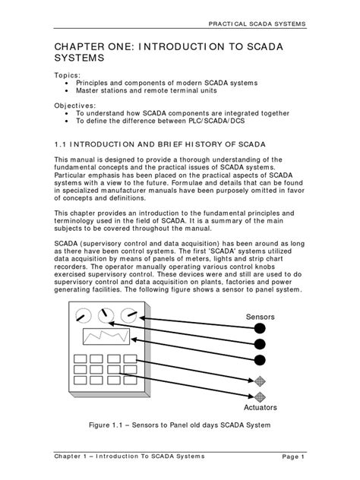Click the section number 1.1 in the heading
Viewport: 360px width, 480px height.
click(62, 142)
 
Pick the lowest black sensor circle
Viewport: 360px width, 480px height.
click(261, 360)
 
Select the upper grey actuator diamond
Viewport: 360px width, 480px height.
click(261, 380)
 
